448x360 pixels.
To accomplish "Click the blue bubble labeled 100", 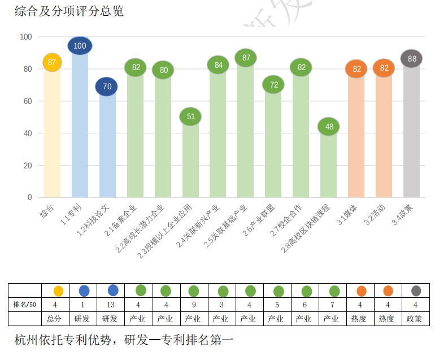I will click(x=80, y=46).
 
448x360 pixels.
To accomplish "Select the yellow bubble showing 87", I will click(x=52, y=62).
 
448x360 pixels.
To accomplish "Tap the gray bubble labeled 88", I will click(x=412, y=58).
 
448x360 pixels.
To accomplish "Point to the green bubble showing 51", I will click(x=190, y=116).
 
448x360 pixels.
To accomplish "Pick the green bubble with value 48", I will click(x=329, y=127).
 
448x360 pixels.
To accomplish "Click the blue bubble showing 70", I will click(x=107, y=87).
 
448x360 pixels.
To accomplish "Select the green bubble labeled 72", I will click(x=273, y=85).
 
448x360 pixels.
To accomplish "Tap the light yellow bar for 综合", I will click(x=52, y=136).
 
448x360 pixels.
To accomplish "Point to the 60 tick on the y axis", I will click(x=26, y=101).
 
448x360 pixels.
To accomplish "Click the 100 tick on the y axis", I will click(x=26, y=37).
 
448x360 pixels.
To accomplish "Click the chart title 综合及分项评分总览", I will click(x=69, y=11).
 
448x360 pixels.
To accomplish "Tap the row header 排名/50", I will click(x=25, y=305).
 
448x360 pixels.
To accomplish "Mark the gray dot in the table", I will click(x=416, y=291).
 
